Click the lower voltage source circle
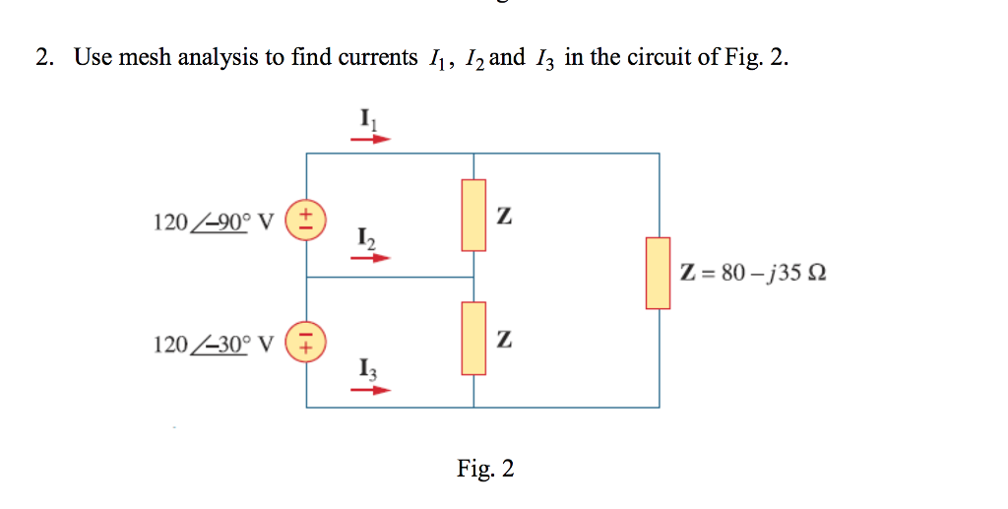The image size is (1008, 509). (306, 342)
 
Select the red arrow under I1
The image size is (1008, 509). (371, 139)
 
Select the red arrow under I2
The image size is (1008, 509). (371, 258)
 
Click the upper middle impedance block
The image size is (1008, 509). (474, 215)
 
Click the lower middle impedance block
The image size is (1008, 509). (474, 339)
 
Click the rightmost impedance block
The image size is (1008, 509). (658, 273)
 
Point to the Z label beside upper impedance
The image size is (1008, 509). (504, 216)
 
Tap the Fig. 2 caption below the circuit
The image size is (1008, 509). (485, 469)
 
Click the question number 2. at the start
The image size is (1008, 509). (44, 58)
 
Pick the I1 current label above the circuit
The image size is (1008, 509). (367, 119)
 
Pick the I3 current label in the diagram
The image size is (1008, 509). (367, 370)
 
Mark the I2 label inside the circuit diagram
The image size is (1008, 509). (366, 238)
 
